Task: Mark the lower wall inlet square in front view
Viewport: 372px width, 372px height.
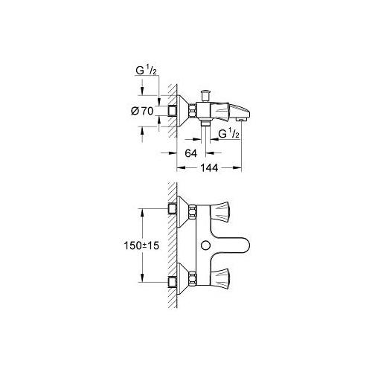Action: pyautogui.click(x=175, y=283)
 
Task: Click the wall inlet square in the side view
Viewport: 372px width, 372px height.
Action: pyautogui.click(x=175, y=111)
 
